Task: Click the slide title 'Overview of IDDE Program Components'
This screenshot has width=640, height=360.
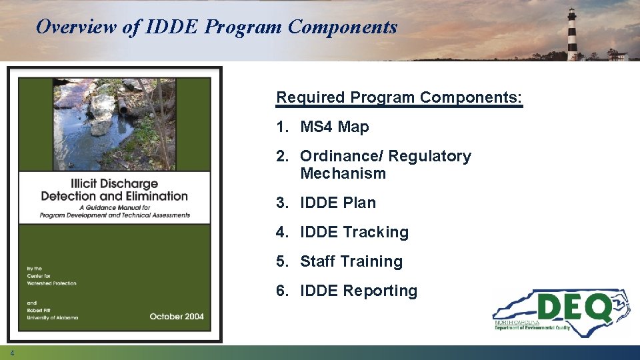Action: tap(217, 27)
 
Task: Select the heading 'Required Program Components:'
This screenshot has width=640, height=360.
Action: tap(399, 97)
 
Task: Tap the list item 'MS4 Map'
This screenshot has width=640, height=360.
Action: tap(334, 127)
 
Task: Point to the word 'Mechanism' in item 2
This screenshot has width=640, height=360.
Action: tap(343, 173)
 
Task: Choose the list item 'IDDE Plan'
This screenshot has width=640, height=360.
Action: tap(338, 203)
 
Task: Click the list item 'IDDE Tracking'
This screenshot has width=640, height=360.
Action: tap(354, 232)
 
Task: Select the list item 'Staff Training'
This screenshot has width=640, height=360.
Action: tap(351, 261)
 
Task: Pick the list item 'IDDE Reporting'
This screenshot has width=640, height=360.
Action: tap(359, 291)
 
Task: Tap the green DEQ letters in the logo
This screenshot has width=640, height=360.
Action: tap(574, 308)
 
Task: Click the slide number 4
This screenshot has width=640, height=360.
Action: tap(12, 353)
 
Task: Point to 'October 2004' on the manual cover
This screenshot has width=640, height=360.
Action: tap(177, 316)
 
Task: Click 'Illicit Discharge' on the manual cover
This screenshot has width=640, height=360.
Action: tap(115, 183)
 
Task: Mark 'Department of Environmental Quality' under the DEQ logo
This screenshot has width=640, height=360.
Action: tap(532, 328)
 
